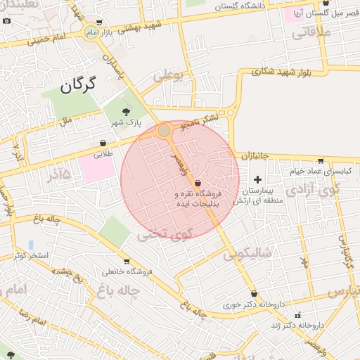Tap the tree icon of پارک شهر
(127, 111)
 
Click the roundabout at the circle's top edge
(164, 130)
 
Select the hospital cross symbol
(257, 179)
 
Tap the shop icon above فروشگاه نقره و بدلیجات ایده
(198, 183)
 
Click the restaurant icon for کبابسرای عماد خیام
(321, 160)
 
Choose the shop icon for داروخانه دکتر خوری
(254, 294)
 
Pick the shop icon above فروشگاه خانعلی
(126, 261)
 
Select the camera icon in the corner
(6, 20)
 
